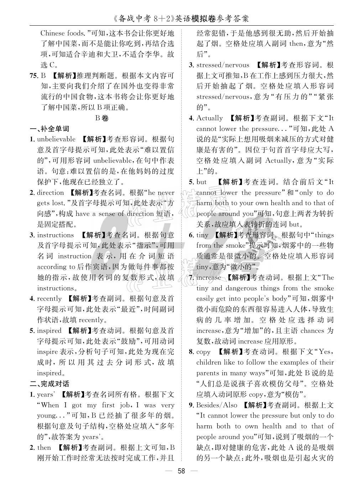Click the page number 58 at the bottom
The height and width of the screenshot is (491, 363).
(181, 471)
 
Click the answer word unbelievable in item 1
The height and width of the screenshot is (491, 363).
(56, 139)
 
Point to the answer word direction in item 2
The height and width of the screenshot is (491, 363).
(51, 193)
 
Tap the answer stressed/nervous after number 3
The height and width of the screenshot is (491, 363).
(223, 65)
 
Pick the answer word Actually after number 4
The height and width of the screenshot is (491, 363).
(209, 118)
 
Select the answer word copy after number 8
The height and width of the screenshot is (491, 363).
(203, 352)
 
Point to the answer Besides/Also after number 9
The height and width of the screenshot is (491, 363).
(217, 405)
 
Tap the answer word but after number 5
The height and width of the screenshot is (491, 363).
(201, 182)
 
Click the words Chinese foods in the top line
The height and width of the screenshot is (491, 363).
(62, 33)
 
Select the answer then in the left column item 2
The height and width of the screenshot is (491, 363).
(44, 447)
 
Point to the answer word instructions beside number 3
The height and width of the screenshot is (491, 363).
(55, 235)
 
